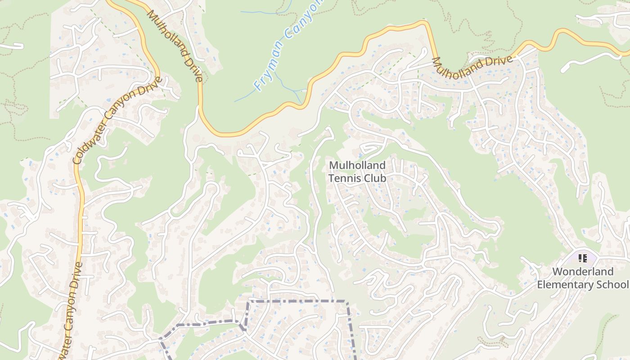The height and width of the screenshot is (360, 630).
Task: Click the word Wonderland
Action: click(583, 272)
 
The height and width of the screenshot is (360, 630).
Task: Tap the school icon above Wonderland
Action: click(583, 259)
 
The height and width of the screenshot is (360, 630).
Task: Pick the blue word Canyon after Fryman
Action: click(306, 18)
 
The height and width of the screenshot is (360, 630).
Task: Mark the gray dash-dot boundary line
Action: click(297, 301)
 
